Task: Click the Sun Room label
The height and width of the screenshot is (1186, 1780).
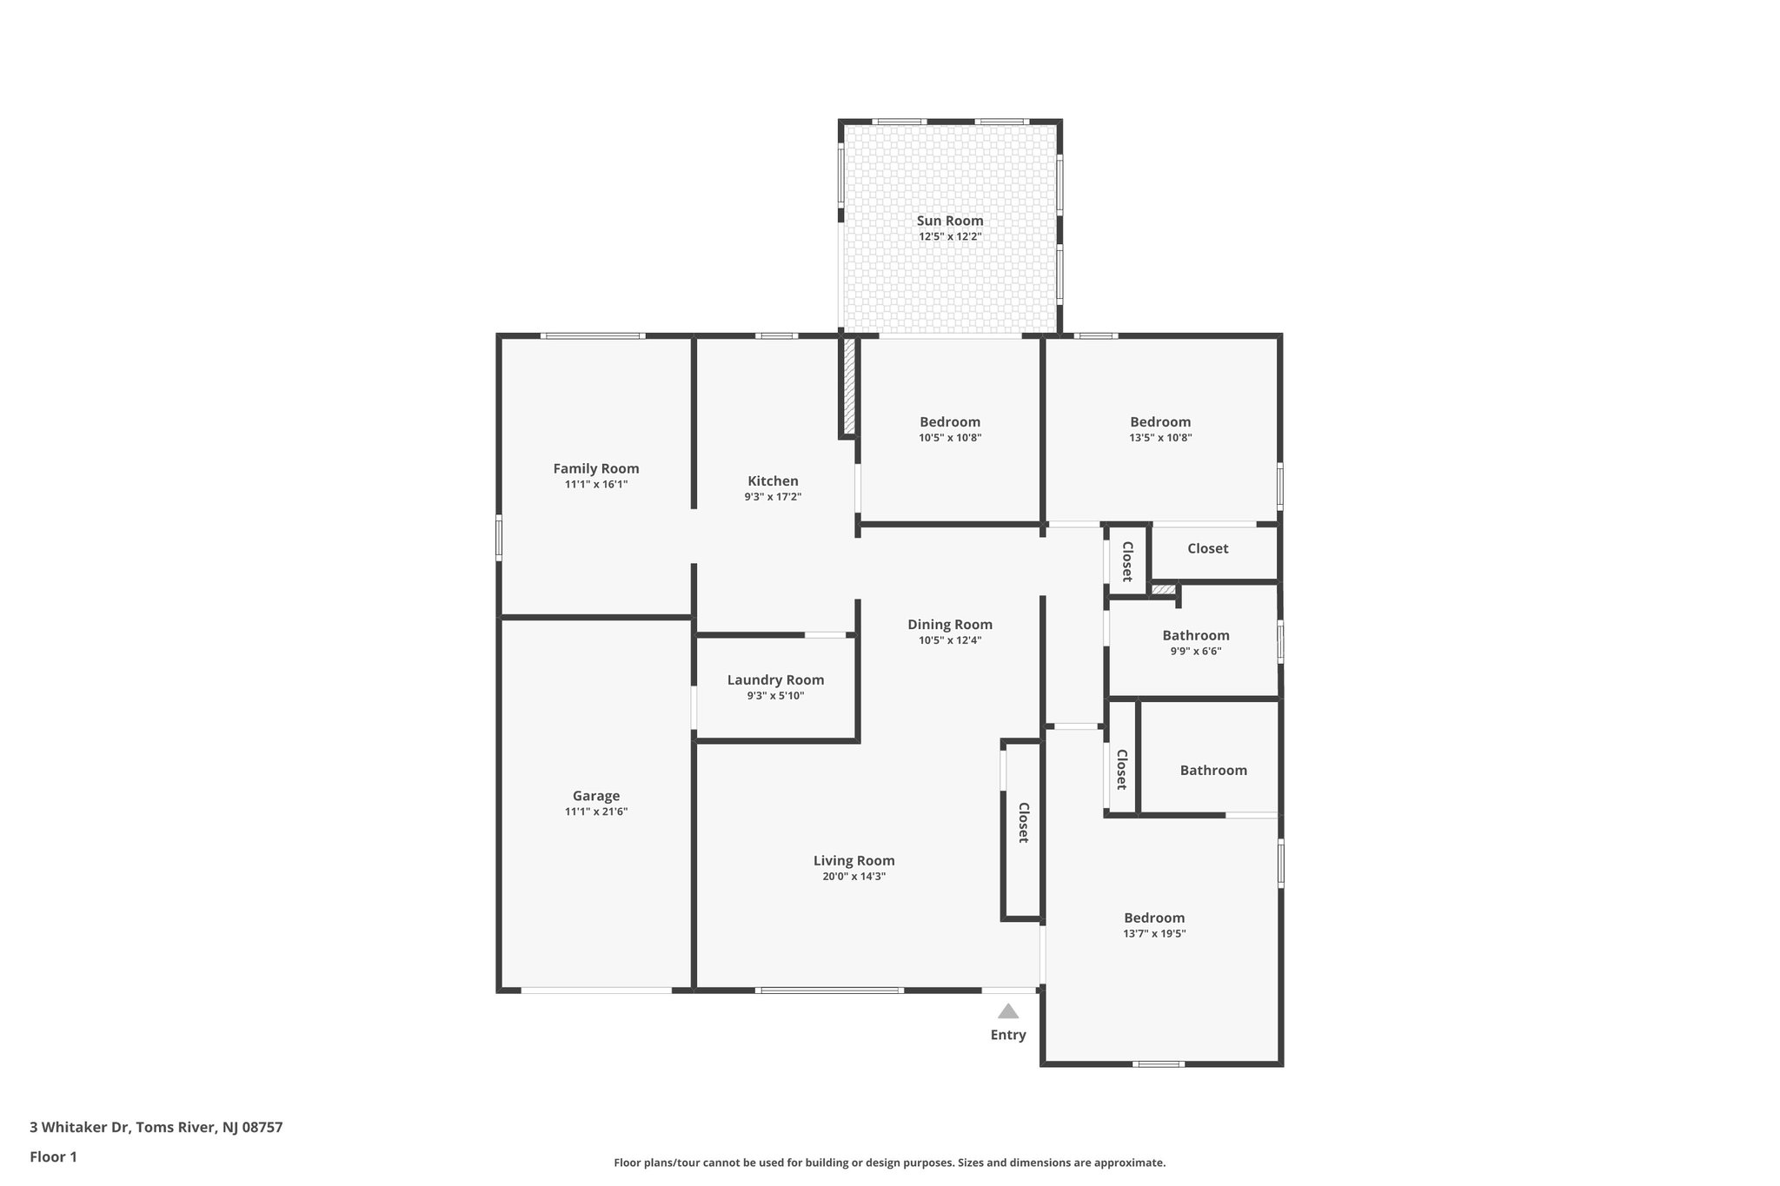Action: coord(950,221)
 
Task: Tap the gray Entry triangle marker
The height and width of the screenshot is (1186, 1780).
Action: coord(1008,1010)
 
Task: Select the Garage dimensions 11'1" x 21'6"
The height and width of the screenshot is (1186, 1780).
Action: coord(596,812)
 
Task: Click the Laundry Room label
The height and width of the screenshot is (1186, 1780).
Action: coord(775,680)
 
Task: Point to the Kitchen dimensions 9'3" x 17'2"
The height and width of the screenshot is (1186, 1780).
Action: coord(773,497)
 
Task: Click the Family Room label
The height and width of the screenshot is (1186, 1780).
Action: coord(596,468)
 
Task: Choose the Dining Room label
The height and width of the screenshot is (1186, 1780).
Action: coord(950,624)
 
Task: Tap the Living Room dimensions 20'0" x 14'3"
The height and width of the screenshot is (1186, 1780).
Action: coord(853,877)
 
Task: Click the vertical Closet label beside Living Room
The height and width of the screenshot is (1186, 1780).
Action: coord(1024,822)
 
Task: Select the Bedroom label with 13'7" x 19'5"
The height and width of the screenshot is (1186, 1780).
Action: coord(1154,918)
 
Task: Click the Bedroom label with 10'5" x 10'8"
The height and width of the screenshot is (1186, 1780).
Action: coord(950,422)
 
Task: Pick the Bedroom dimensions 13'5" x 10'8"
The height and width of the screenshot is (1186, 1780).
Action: coord(1160,438)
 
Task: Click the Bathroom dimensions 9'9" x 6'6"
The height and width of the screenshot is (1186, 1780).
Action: coord(1196,651)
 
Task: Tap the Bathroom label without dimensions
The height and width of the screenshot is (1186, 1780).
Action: coord(1213,770)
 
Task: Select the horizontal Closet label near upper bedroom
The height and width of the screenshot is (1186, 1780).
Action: coord(1207,548)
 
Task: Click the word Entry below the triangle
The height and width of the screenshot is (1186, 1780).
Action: coord(1008,1035)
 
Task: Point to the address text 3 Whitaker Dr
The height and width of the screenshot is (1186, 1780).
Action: coord(80,1127)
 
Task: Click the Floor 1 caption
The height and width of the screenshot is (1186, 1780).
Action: coord(53,1156)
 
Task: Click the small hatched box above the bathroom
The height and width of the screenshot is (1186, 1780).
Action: coord(1163,590)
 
